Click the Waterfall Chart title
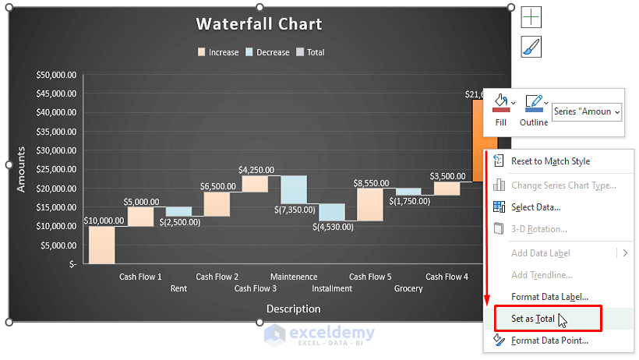(x=259, y=24)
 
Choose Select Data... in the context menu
(x=535, y=206)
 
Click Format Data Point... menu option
(x=549, y=341)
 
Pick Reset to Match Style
(x=550, y=161)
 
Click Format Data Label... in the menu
(x=549, y=297)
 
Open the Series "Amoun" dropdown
(x=587, y=112)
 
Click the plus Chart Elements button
(x=531, y=17)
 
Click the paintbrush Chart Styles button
(x=531, y=47)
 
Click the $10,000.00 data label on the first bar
(x=104, y=221)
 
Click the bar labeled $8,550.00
(x=370, y=205)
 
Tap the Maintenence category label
(x=294, y=277)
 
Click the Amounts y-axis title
(x=22, y=169)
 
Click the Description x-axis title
(x=293, y=309)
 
